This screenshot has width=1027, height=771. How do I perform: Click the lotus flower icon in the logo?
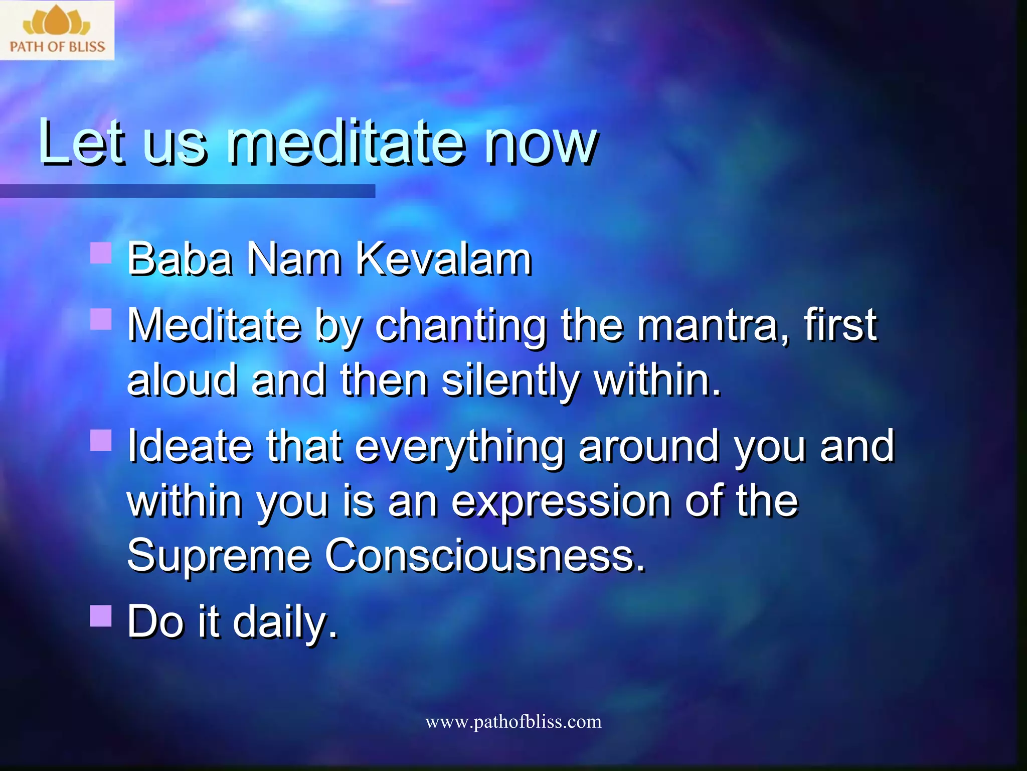click(56, 21)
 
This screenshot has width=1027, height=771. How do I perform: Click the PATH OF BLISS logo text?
click(57, 47)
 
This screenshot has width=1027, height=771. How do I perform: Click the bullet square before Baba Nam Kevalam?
click(101, 253)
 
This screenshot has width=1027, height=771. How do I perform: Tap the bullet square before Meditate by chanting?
click(101, 319)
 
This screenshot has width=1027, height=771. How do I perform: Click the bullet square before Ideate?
click(101, 440)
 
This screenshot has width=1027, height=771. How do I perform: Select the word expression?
click(561, 503)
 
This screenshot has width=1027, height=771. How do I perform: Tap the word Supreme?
click(219, 557)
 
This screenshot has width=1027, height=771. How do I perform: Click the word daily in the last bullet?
click(285, 622)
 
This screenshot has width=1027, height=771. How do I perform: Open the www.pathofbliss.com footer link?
click(513, 722)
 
